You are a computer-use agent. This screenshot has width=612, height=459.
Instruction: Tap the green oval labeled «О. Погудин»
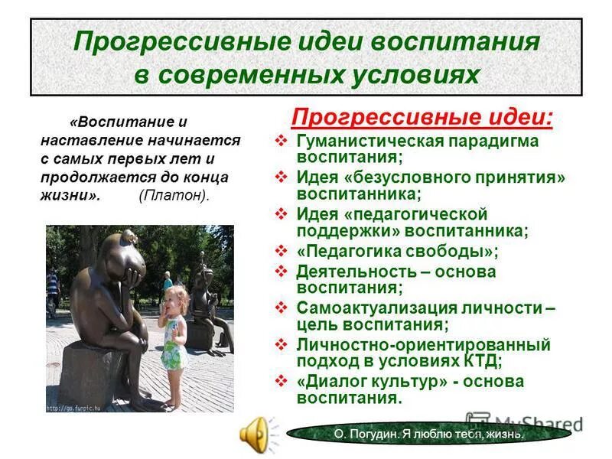coord(428,434)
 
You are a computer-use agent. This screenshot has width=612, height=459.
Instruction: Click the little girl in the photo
coord(172,329)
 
